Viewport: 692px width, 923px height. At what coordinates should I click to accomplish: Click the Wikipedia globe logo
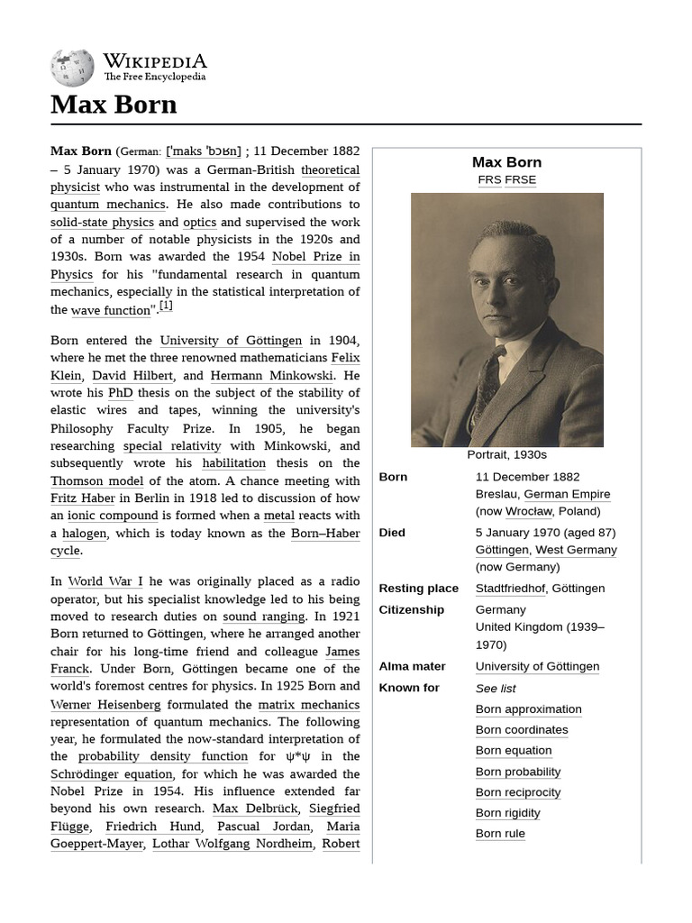(72, 68)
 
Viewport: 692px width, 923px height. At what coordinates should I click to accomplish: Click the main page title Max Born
(114, 105)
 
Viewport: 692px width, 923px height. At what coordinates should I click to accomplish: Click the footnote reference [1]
(166, 306)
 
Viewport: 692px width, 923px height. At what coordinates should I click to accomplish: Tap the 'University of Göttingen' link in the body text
(231, 341)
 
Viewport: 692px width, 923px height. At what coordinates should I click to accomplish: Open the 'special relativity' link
(171, 446)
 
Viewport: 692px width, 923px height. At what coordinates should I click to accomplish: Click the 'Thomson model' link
(96, 481)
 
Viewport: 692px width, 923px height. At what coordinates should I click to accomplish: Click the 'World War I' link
(105, 582)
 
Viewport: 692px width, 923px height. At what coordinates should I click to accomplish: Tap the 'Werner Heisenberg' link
(105, 705)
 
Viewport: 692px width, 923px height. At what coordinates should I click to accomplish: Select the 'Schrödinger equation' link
(112, 774)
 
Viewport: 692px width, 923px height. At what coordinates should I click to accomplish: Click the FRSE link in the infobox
(520, 179)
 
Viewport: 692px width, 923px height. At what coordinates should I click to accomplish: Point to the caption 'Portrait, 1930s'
(506, 455)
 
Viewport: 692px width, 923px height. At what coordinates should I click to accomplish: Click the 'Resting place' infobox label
(418, 589)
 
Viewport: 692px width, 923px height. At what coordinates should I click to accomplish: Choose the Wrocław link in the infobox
(529, 511)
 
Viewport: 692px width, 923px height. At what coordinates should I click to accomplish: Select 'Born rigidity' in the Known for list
(507, 813)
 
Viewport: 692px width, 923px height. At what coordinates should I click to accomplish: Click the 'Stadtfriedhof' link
(510, 589)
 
